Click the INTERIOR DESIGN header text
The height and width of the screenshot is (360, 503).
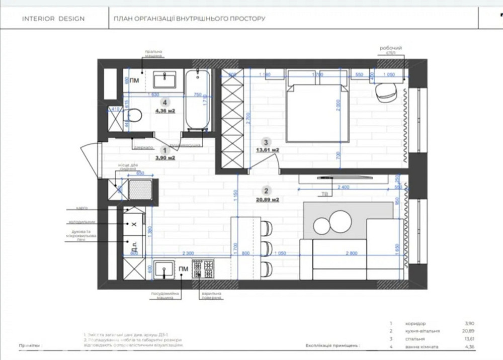[x=53, y=19]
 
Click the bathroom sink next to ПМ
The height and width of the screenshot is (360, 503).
[x=163, y=80]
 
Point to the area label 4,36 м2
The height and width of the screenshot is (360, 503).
[x=165, y=111]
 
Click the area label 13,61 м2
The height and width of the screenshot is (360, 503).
[x=267, y=150]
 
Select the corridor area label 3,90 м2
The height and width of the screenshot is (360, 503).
[x=165, y=157]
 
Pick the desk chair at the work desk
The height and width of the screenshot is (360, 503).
[x=386, y=92]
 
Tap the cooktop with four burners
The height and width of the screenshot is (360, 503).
[x=203, y=268]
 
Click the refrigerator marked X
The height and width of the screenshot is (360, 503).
[x=133, y=224]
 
